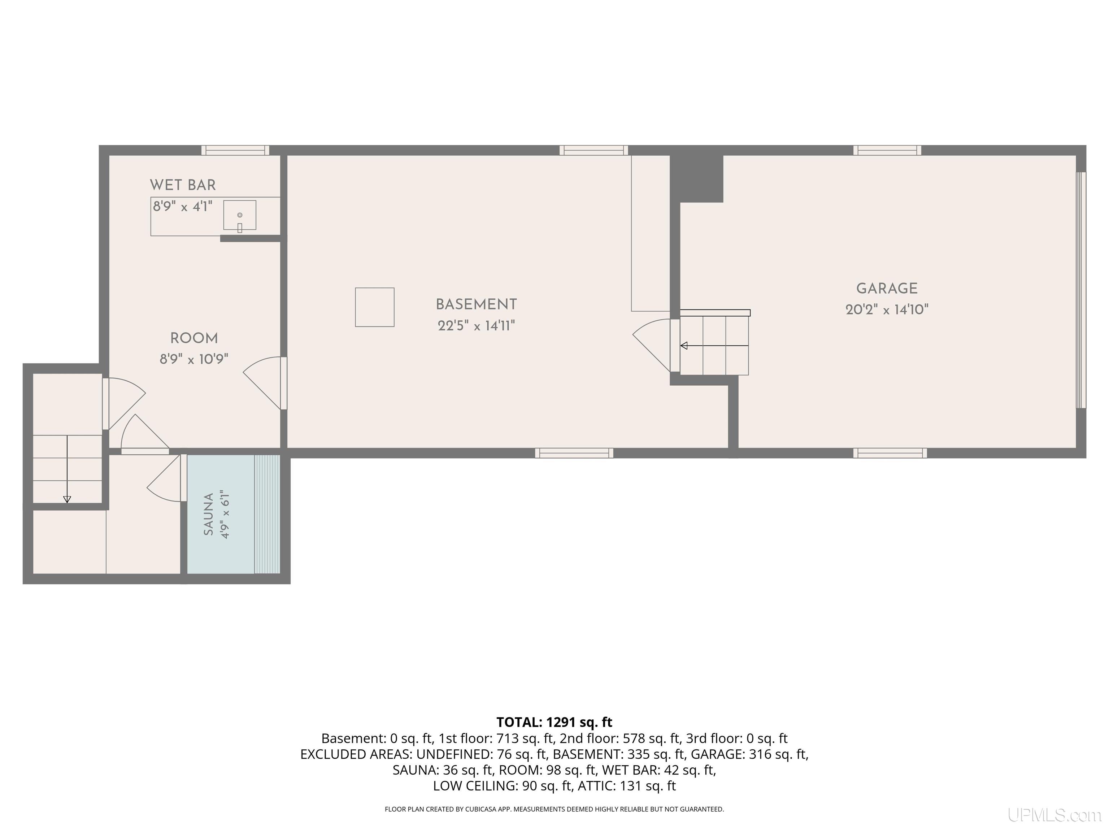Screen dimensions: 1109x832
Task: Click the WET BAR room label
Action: [183, 185]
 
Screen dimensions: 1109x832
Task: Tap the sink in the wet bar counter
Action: [240, 216]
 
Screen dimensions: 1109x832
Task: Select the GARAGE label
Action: [887, 289]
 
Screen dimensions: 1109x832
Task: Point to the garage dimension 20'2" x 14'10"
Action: [887, 309]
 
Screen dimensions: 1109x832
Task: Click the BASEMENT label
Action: [476, 304]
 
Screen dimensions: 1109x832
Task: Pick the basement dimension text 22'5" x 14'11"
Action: [476, 325]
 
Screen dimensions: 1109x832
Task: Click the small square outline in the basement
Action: [374, 307]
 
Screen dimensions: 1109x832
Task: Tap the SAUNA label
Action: [209, 514]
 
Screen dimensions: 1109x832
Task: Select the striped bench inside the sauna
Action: [267, 514]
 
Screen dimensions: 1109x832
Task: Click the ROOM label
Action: [194, 338]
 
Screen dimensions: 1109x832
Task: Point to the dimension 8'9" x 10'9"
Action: [194, 359]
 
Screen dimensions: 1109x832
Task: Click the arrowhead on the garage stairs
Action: [683, 346]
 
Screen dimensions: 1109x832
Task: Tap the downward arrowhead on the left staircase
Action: [67, 499]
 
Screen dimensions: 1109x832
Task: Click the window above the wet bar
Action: [235, 150]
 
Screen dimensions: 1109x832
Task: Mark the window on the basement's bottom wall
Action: [574, 453]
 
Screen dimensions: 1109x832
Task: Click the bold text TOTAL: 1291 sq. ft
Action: [554, 722]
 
